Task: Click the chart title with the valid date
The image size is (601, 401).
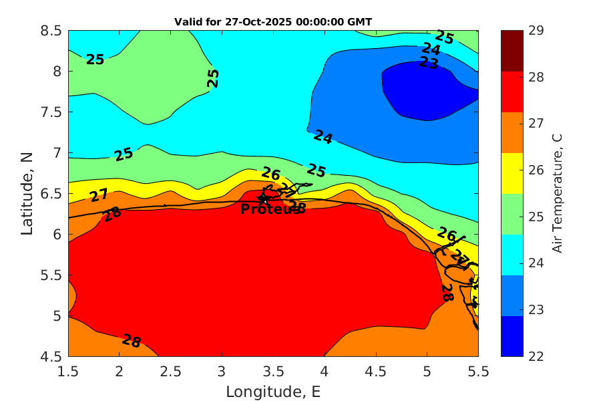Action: tap(272, 22)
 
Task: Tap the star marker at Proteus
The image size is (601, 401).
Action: tap(263, 198)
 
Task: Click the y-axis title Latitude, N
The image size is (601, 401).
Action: tap(27, 193)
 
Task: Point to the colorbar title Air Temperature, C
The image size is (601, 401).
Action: tap(557, 193)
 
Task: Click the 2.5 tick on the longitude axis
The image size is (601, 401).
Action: tap(170, 370)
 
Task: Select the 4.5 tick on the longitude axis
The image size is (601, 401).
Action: tap(375, 370)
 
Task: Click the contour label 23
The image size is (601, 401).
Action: tap(428, 63)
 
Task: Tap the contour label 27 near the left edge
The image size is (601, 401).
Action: tap(99, 196)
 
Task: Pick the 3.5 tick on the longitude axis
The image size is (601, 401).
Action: tap(273, 370)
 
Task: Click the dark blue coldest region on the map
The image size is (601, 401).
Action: tap(421, 90)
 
